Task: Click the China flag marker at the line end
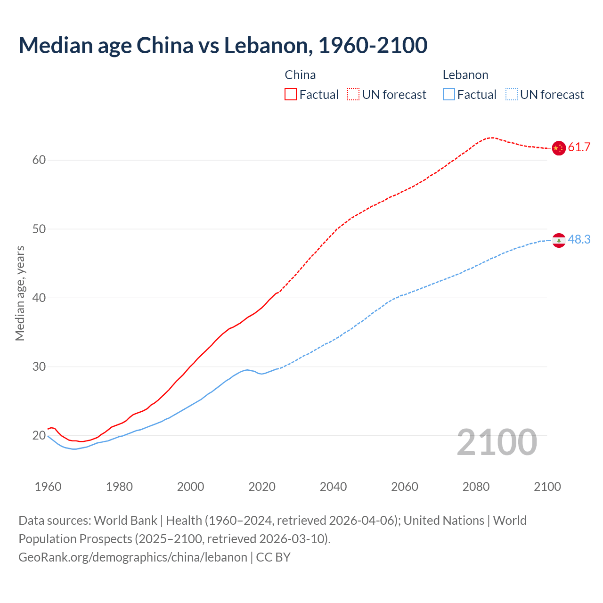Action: click(x=558, y=148)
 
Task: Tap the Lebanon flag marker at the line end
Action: click(x=558, y=240)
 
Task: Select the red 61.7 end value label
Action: click(x=579, y=147)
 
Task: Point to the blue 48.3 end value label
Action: click(x=579, y=240)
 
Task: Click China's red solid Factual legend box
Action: click(x=291, y=95)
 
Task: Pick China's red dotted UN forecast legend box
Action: click(x=353, y=95)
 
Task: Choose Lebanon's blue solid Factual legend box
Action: click(x=448, y=95)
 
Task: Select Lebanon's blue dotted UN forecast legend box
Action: click(x=511, y=95)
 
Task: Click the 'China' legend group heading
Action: click(x=300, y=75)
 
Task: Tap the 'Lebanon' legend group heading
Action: click(x=465, y=75)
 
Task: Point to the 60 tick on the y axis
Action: click(x=39, y=160)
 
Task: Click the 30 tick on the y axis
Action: click(x=39, y=367)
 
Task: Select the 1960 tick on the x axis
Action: click(x=48, y=487)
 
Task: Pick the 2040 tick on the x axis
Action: click(x=333, y=487)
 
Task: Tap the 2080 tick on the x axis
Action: click(x=476, y=487)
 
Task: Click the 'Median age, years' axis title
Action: click(x=20, y=293)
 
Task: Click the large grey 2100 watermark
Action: click(x=497, y=442)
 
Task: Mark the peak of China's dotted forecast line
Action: click(x=491, y=138)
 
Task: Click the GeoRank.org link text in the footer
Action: click(x=133, y=557)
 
